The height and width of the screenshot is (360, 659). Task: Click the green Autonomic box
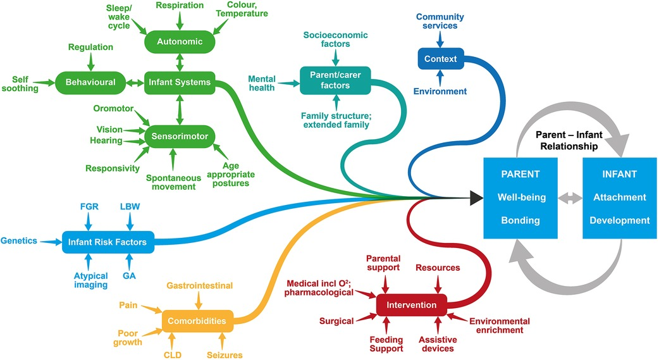click(180, 42)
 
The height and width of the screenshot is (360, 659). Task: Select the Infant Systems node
click(180, 82)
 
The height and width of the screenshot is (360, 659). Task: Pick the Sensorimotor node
click(180, 135)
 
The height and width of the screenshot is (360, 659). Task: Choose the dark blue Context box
click(437, 59)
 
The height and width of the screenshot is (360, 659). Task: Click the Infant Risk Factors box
click(107, 242)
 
